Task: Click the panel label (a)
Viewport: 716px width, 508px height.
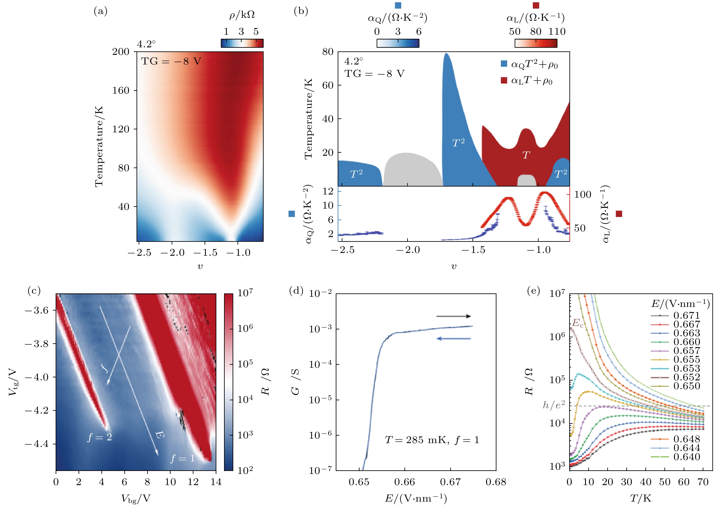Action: pos(101,11)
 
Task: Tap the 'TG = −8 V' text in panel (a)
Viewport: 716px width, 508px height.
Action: pos(171,61)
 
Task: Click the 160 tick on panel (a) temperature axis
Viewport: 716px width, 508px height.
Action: pos(121,90)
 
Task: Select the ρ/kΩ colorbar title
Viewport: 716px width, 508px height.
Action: pos(242,15)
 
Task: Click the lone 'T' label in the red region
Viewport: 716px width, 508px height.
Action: pos(526,155)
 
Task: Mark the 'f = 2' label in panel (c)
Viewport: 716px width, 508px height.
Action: pos(99,437)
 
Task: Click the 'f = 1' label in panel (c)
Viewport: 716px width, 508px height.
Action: pos(183,458)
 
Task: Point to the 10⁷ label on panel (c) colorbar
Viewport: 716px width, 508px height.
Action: pos(245,293)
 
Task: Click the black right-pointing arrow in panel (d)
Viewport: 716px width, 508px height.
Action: pos(453,316)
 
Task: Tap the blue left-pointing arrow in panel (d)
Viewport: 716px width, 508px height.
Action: pos(453,338)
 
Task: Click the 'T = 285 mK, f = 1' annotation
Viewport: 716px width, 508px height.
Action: pos(432,440)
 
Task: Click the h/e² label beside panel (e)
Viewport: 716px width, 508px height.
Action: pos(554,405)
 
